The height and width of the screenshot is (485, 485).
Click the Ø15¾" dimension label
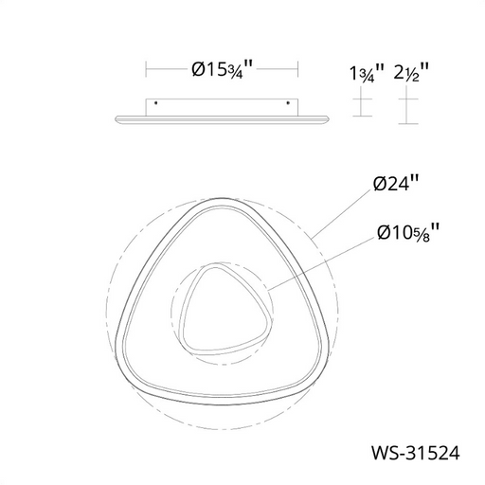click(223, 69)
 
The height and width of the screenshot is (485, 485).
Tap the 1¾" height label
click(367, 74)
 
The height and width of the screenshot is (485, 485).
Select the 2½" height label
click(411, 73)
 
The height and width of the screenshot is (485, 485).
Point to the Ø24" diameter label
click(396, 184)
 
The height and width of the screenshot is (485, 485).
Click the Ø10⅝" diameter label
click(408, 233)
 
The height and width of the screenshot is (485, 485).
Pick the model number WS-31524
click(416, 453)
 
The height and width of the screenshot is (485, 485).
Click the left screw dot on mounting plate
click(155, 103)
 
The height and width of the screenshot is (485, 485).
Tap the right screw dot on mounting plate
click(288, 103)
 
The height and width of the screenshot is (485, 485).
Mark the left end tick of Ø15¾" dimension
click(146, 69)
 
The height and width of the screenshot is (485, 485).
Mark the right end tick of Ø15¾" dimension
click(298, 69)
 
